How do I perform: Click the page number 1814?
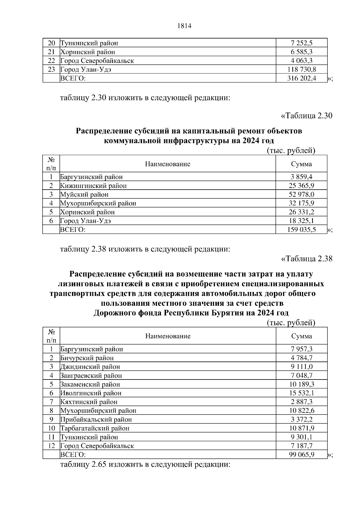pyautogui.click(x=184, y=26)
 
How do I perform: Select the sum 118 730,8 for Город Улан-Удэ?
pyautogui.click(x=301, y=70)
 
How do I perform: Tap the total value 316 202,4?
pyautogui.click(x=301, y=79)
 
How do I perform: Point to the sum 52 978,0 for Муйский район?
pyautogui.click(x=301, y=195)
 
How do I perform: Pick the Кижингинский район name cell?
pyautogui.click(x=94, y=186)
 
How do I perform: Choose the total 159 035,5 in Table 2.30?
pyautogui.click(x=301, y=230)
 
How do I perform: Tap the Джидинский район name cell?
pyautogui.click(x=90, y=367)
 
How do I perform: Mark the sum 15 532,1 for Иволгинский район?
pyautogui.click(x=301, y=393)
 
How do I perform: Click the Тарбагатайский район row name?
pyautogui.click(x=95, y=428)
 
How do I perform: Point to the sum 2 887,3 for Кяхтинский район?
pyautogui.click(x=301, y=402)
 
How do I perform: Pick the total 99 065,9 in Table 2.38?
pyautogui.click(x=301, y=454)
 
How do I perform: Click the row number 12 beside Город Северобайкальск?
pyautogui.click(x=51, y=446)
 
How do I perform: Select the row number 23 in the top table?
pyautogui.click(x=51, y=70)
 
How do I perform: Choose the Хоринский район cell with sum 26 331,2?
pyautogui.click(x=88, y=212)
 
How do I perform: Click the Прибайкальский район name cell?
pyautogui.click(x=96, y=419)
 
